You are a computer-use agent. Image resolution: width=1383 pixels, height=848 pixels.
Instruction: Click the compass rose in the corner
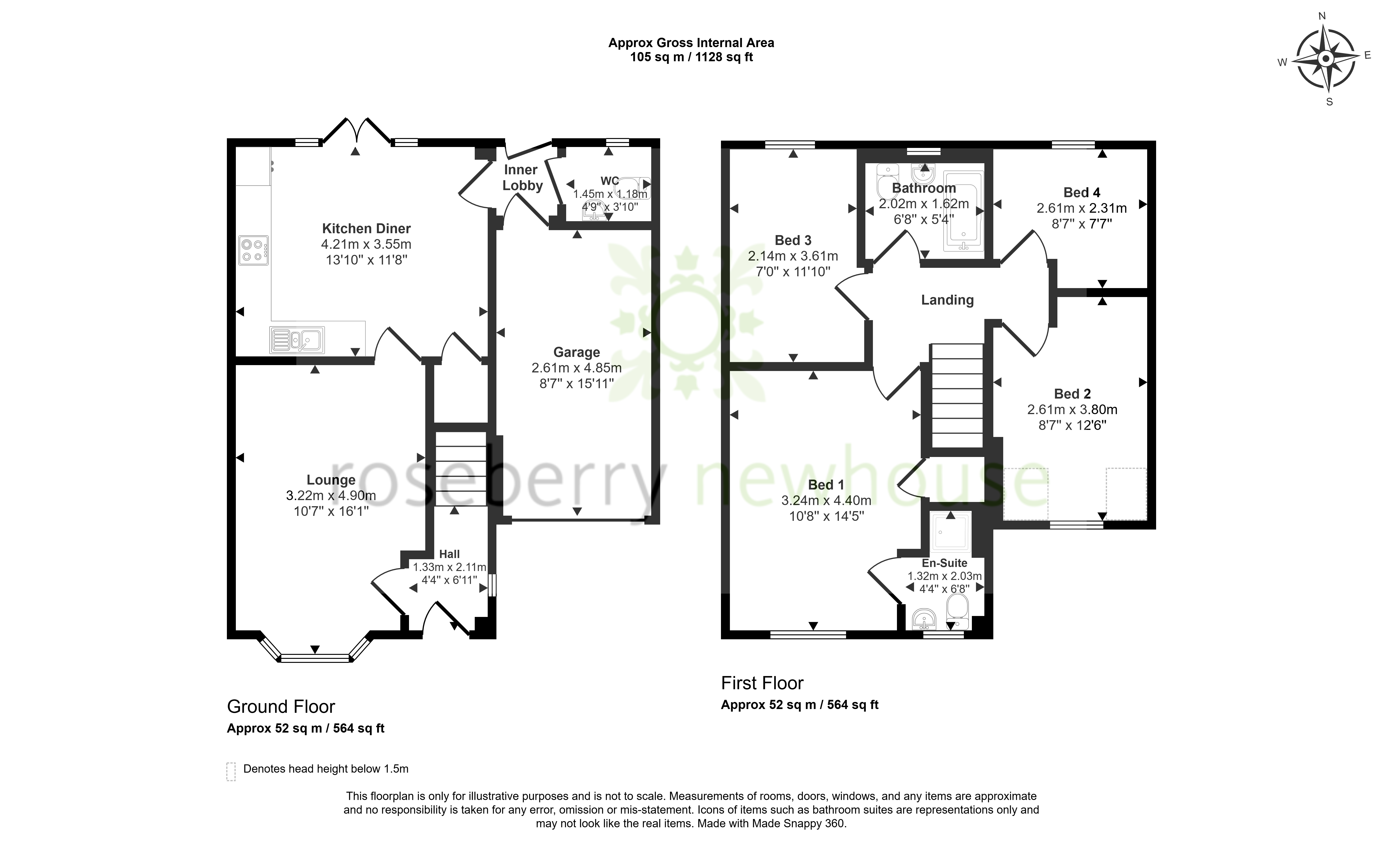click(x=1325, y=59)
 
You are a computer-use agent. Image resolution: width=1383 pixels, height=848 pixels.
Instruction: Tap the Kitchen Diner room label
click(x=366, y=228)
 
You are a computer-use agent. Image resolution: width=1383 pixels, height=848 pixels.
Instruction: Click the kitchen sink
click(x=297, y=339)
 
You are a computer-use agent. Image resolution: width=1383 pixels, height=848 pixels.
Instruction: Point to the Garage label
click(x=577, y=352)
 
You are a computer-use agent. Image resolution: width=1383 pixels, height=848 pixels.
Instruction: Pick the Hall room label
click(x=450, y=554)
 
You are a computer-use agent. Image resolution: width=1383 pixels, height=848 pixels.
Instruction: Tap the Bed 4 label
click(x=1082, y=192)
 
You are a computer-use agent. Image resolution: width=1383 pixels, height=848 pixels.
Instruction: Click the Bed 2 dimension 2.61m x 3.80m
click(x=1072, y=410)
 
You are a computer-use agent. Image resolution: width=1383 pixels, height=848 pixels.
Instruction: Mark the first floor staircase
click(x=957, y=396)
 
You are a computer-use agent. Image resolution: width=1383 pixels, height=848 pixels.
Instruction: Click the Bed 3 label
click(x=793, y=240)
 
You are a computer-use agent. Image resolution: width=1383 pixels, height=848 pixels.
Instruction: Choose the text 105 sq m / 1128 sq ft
click(x=691, y=57)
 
